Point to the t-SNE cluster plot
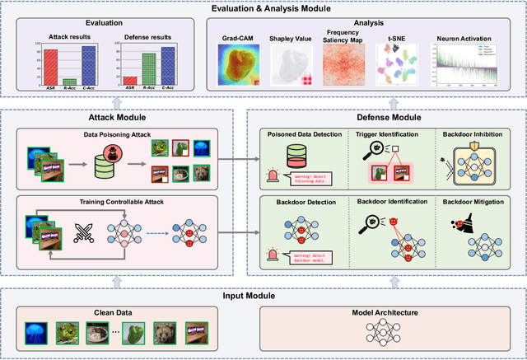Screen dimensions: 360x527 point(394,66)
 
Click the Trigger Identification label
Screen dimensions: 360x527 point(386,133)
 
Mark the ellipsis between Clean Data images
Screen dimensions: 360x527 point(114,331)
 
